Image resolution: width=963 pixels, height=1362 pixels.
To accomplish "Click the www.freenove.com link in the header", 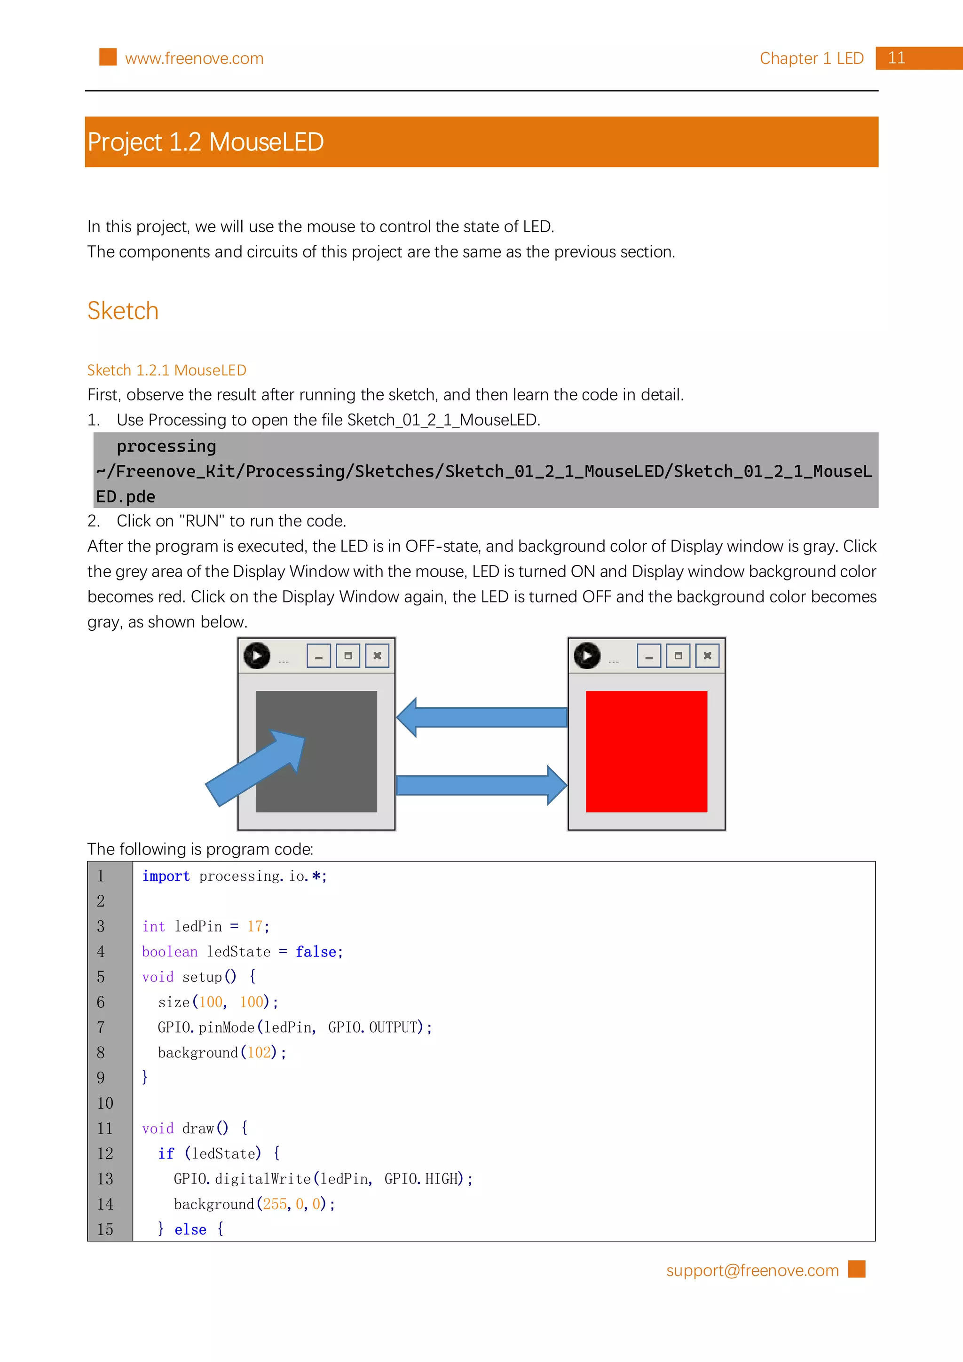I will (x=194, y=58).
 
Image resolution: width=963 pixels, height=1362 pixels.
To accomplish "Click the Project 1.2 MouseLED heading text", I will (x=205, y=142).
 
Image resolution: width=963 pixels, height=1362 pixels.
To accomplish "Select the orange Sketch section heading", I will (x=123, y=311).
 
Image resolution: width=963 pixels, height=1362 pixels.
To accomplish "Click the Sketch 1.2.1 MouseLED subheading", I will (x=167, y=370).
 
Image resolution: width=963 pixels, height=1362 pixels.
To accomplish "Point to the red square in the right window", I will (x=646, y=751).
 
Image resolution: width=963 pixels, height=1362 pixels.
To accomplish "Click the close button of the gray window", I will (x=377, y=656).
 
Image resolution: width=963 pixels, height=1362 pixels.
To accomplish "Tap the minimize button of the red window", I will (x=648, y=656).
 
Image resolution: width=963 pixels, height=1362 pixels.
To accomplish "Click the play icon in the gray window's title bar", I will (x=257, y=656).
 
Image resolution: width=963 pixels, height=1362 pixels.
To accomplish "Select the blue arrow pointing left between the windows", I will (x=482, y=717).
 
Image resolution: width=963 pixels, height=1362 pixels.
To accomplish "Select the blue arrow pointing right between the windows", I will (x=482, y=785).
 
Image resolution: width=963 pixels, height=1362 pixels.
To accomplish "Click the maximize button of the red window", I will (x=678, y=656).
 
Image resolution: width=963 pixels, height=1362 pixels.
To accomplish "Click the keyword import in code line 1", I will (x=166, y=876).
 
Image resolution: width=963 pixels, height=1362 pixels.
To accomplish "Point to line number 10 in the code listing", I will (x=105, y=1104).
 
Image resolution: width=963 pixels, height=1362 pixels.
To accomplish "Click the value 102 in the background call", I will (x=259, y=1053).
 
